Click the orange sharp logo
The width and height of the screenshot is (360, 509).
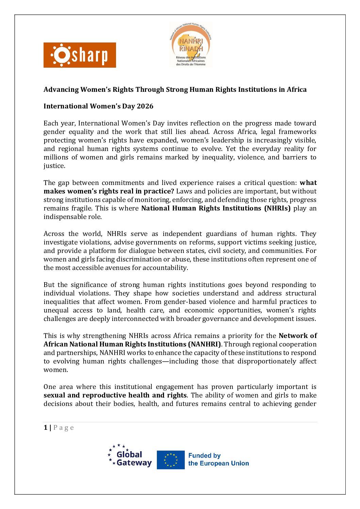tap(80, 55)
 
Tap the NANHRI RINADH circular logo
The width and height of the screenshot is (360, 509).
tap(191, 45)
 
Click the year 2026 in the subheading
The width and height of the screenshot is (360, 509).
tap(145, 106)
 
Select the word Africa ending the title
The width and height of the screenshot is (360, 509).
tap(297, 89)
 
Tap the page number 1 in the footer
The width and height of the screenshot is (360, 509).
tap(46, 427)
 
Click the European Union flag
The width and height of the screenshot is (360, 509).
tap(171, 460)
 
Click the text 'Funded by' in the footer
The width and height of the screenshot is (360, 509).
tap(204, 456)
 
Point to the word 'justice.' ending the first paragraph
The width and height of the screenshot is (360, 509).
tap(54, 166)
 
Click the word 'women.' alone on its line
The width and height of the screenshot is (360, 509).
tap(56, 370)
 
